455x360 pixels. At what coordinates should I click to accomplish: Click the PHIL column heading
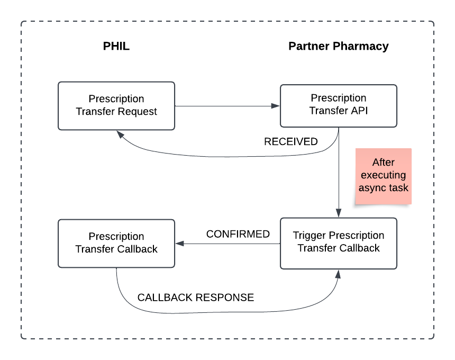[x=116, y=46]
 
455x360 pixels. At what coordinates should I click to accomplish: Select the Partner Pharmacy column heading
[x=338, y=46]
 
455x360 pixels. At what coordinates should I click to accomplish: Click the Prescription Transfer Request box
[x=116, y=105]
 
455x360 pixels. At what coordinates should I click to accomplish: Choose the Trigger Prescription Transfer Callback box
[x=338, y=242]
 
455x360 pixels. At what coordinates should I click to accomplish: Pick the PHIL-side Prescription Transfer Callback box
[x=116, y=243]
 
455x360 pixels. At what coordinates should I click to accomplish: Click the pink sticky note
[x=384, y=176]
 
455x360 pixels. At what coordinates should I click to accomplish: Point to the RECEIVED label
[x=290, y=142]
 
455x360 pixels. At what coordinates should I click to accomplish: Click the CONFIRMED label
[x=238, y=234]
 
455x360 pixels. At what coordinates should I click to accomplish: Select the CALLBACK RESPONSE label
[x=195, y=298]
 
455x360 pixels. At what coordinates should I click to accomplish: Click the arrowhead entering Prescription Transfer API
[x=276, y=106]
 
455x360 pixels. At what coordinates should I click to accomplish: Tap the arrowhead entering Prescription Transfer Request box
[x=122, y=134]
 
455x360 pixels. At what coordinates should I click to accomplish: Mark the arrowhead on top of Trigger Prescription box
[x=338, y=213]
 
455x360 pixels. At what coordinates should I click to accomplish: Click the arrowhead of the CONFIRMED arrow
[x=179, y=244]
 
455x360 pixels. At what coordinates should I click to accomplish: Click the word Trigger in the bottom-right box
[x=310, y=236]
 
